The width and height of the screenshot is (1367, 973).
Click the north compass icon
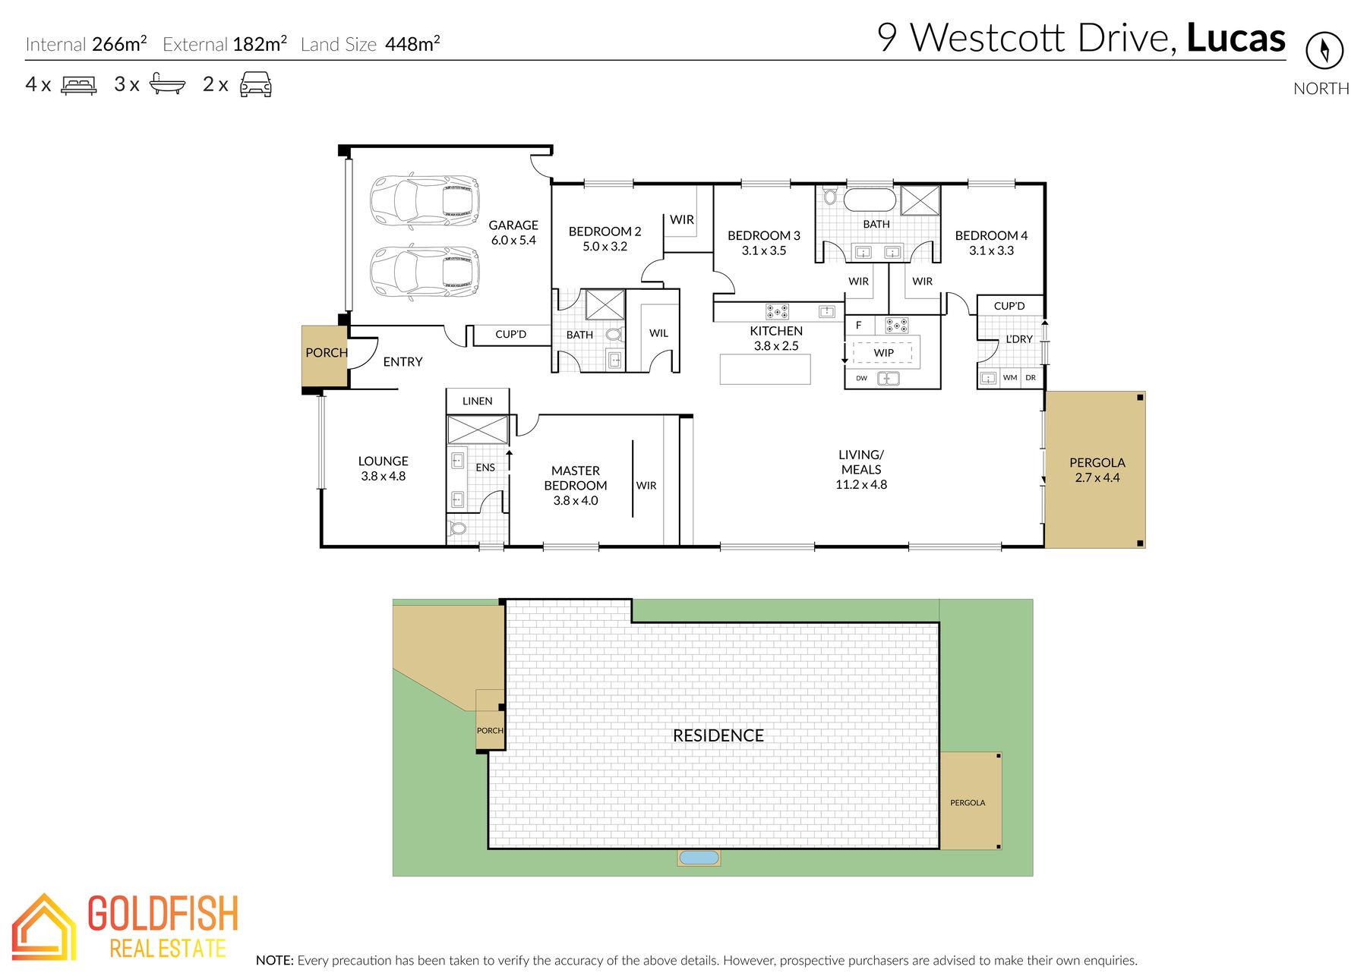tap(1324, 50)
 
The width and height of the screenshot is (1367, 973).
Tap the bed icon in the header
tap(79, 84)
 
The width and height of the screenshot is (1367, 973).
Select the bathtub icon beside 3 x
tap(167, 83)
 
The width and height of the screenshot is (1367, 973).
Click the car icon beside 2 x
tap(256, 84)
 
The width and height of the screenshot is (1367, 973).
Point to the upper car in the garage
tap(425, 201)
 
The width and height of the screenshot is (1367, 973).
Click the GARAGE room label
tap(513, 225)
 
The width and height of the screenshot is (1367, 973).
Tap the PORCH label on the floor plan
tap(327, 353)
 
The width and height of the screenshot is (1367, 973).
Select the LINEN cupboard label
tap(478, 401)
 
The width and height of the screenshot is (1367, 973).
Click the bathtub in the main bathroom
tap(870, 200)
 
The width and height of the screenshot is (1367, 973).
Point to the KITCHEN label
tap(776, 331)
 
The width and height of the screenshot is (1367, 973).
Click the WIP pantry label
tap(884, 353)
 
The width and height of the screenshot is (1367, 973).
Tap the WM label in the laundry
tap(1010, 377)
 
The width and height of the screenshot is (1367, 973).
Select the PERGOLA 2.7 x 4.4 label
tap(1097, 470)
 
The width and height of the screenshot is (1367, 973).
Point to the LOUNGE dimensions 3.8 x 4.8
tap(384, 477)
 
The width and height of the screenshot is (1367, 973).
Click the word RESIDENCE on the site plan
tap(718, 735)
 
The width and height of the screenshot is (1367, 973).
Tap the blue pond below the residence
tap(699, 858)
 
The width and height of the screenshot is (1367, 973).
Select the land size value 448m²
tap(412, 43)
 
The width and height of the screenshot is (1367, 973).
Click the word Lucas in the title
tap(1236, 38)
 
